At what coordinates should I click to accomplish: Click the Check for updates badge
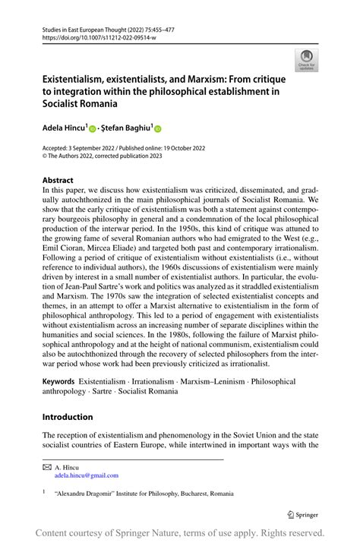(x=307, y=59)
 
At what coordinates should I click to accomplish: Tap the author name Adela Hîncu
(x=65, y=129)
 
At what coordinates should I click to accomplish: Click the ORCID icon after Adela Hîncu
(x=94, y=130)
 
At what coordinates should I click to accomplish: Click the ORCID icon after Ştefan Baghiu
(x=159, y=130)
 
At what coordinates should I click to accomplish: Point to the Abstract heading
(x=59, y=181)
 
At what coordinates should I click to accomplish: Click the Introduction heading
(x=68, y=417)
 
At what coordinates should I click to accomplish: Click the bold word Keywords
(x=58, y=381)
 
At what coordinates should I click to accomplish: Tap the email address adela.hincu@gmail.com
(x=87, y=475)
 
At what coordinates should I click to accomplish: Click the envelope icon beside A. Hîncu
(x=46, y=466)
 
